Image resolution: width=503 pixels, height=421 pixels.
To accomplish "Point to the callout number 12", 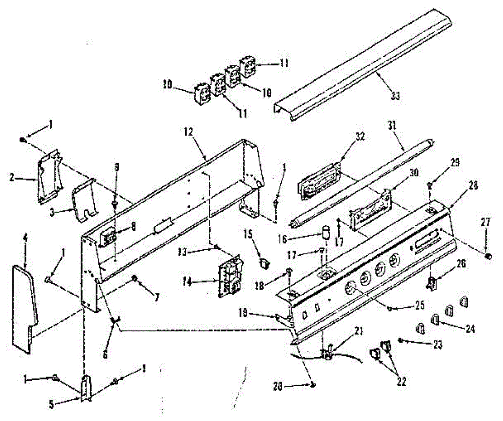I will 188,131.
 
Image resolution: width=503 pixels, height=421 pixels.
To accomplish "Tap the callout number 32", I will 360,136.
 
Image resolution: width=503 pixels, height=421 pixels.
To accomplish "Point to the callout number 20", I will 289,385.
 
